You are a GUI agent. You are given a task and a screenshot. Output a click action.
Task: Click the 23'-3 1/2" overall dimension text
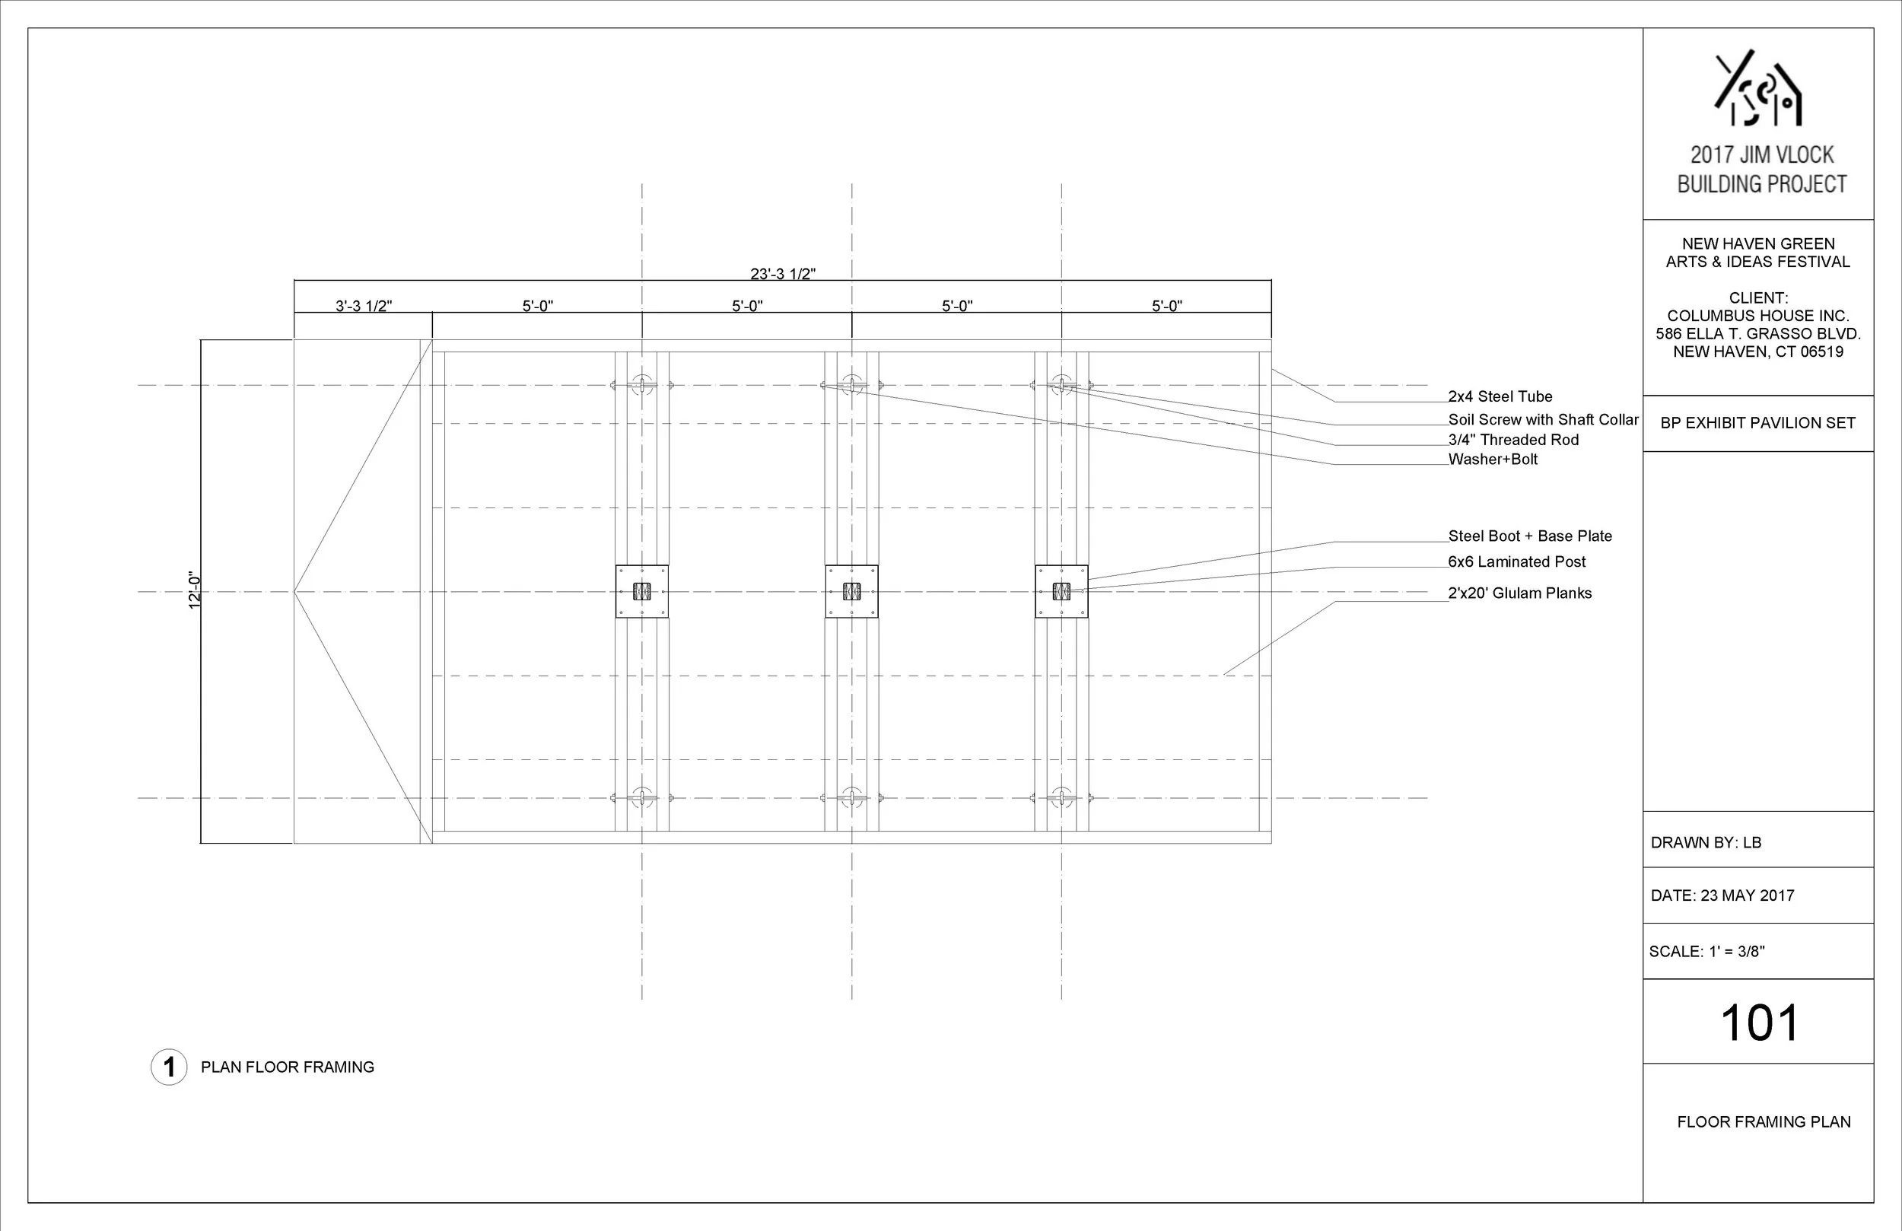[782, 273]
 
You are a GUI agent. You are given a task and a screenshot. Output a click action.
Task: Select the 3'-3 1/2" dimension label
[364, 305]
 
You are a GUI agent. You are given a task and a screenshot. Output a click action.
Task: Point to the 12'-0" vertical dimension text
[194, 590]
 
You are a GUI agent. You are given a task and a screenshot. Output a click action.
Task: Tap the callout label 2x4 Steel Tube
[1500, 396]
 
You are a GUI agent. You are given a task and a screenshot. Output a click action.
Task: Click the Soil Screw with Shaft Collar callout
[1543, 420]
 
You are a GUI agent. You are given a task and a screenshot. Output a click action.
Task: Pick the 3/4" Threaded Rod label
[1512, 440]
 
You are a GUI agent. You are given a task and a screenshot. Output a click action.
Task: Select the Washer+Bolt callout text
[1493, 460]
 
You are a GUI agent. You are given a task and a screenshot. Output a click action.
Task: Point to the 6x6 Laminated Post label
[1517, 562]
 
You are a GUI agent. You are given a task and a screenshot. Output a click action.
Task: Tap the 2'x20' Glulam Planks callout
[1519, 593]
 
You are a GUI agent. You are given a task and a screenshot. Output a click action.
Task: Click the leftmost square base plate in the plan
[641, 591]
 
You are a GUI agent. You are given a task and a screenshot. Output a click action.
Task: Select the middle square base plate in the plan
[852, 591]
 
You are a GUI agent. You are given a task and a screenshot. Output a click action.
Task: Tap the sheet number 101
[1759, 1023]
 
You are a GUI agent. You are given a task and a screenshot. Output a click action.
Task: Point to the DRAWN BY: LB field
[1706, 842]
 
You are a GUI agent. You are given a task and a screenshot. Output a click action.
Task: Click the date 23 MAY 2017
[1747, 896]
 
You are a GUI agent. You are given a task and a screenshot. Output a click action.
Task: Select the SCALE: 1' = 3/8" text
[1706, 952]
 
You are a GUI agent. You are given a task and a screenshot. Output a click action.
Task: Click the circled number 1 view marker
[169, 1067]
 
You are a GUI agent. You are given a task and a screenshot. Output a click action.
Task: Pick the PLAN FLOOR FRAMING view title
[287, 1067]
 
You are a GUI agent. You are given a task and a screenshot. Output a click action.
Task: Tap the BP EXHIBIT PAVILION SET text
[1757, 424]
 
